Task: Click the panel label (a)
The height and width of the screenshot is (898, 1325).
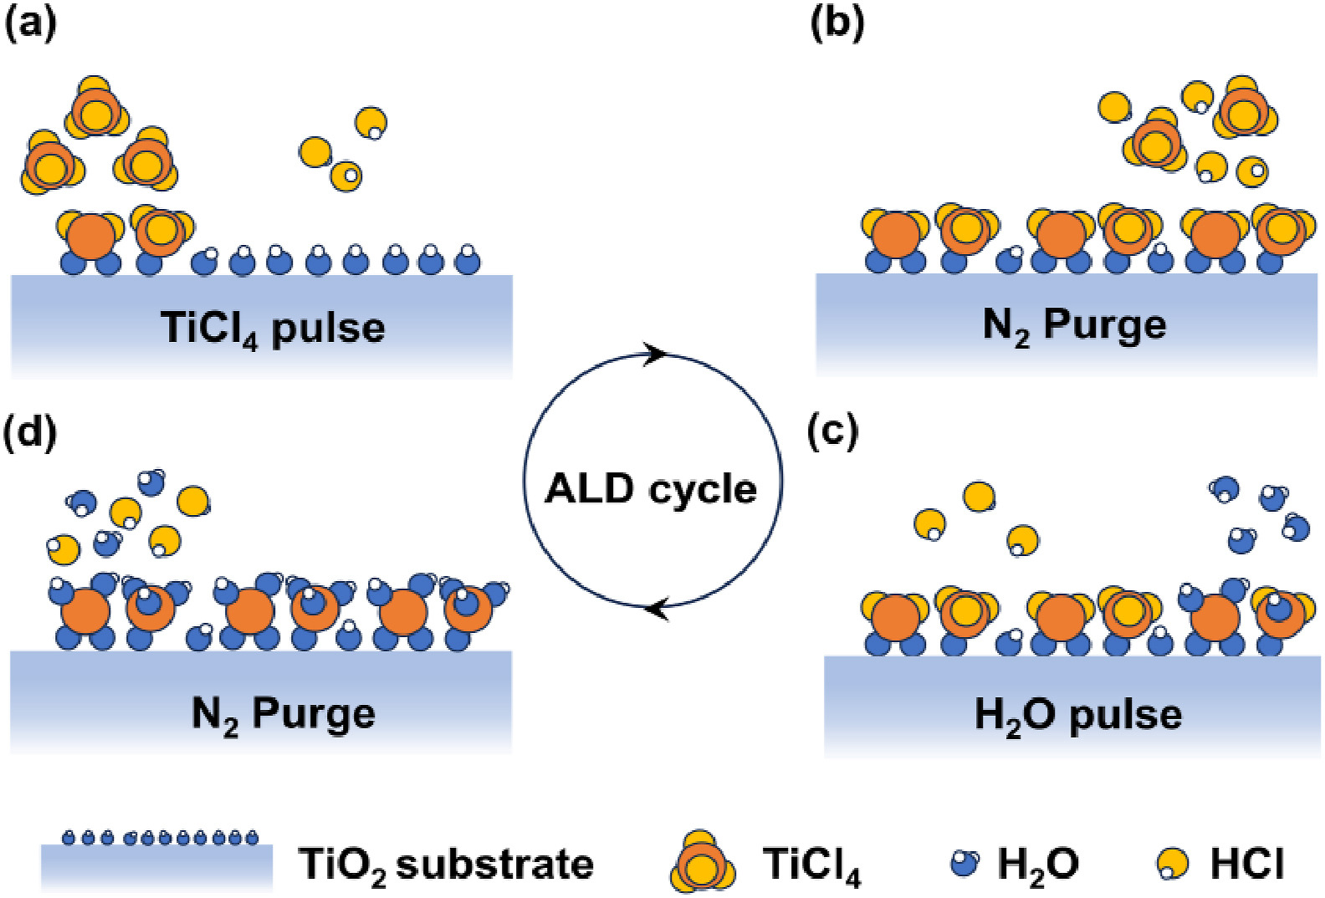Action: coord(31,23)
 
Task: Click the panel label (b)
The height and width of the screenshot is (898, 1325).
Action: coord(837,23)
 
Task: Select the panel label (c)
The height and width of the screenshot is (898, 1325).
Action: coord(833,432)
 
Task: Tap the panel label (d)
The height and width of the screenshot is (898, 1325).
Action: coord(31,432)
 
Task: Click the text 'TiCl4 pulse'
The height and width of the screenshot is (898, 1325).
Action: coord(273,328)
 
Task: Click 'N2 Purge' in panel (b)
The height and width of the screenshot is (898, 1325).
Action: coord(1074,324)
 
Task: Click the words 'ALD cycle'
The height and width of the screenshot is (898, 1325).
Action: coord(651,488)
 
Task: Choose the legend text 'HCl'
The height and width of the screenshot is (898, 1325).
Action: coord(1246,864)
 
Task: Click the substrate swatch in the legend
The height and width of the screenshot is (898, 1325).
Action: coord(156,866)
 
